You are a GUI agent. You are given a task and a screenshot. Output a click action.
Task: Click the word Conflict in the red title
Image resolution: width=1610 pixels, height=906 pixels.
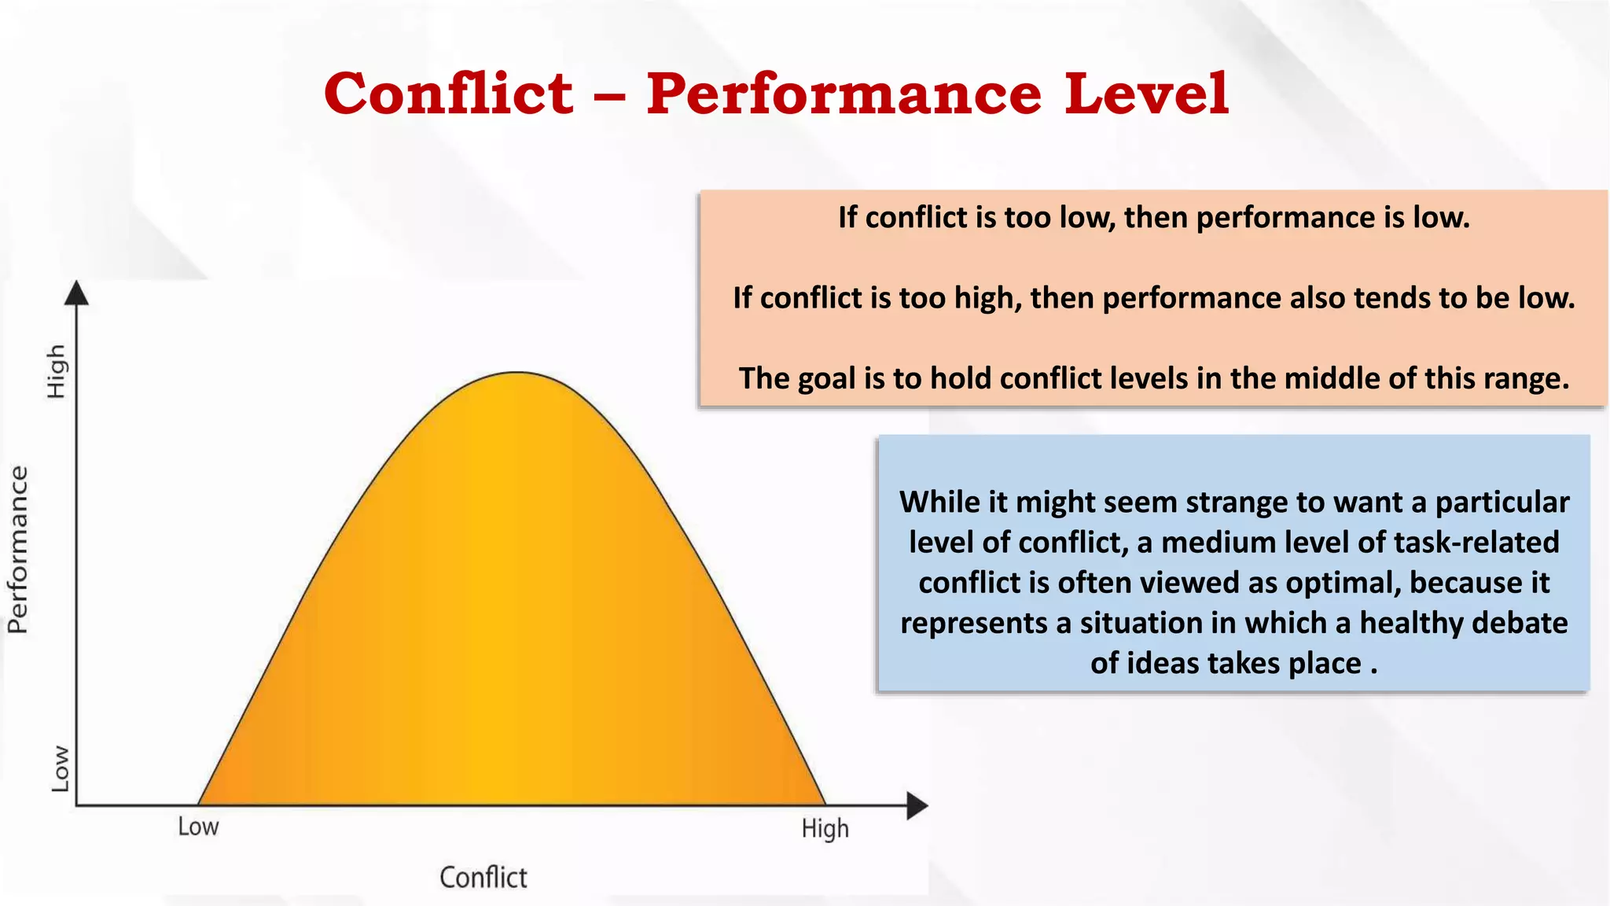tap(448, 94)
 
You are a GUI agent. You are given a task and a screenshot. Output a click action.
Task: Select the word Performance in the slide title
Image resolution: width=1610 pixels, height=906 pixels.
tap(844, 94)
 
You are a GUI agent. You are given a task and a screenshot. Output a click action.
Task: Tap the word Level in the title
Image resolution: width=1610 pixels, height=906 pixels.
tap(1146, 94)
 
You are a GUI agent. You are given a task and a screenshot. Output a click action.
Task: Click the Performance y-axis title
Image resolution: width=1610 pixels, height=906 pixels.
tap(18, 549)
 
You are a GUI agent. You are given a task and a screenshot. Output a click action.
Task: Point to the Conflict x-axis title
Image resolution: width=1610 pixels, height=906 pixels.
tap(483, 877)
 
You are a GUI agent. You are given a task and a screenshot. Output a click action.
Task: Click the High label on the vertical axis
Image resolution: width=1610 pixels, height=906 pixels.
tap(56, 371)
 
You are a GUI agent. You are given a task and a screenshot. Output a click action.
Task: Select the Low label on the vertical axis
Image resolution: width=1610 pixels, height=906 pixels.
tap(60, 768)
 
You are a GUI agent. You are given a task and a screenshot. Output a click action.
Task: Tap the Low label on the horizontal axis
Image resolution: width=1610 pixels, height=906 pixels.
tap(198, 827)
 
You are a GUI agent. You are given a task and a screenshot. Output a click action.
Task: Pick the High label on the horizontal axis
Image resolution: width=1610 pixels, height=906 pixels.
tap(825, 829)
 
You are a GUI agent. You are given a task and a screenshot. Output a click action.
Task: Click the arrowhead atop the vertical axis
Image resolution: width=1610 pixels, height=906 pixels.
tap(76, 293)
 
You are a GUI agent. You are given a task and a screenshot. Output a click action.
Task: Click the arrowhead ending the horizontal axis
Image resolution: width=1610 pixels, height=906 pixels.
tap(917, 806)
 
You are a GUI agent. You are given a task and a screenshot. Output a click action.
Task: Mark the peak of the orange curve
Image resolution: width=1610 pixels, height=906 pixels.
tap(516, 373)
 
